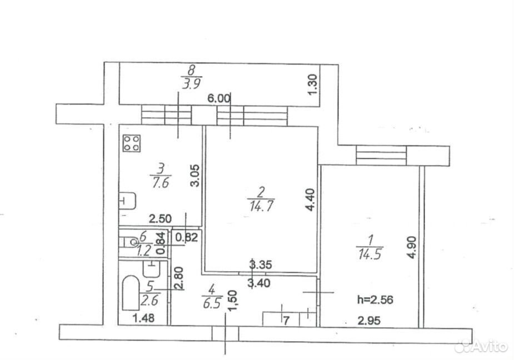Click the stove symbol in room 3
[x=132, y=143]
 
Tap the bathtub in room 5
[x=131, y=293]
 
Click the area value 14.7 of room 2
[x=262, y=206]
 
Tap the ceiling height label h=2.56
[x=375, y=299]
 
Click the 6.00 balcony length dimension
[x=219, y=98]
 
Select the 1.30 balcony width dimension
[x=313, y=84]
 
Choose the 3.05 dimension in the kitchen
[x=194, y=176]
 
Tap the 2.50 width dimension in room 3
[x=160, y=219]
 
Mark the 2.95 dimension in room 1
[x=369, y=321]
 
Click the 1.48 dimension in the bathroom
[x=143, y=318]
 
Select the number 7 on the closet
[x=286, y=321]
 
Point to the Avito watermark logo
[x=482, y=346]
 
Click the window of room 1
[x=381, y=156]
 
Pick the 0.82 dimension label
[x=187, y=237]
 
